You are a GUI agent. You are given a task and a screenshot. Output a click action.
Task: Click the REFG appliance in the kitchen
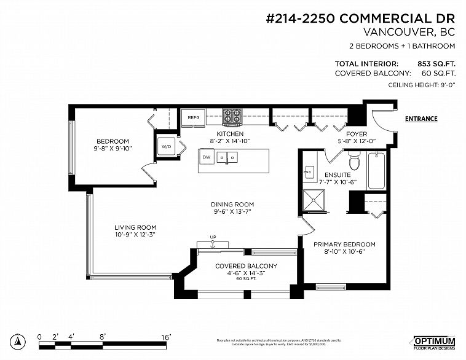pyautogui.click(x=193, y=117)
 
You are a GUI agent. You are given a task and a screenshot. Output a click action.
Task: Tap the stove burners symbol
pyautogui.click(x=232, y=115)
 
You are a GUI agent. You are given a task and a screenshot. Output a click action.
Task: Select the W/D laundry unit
pyautogui.click(x=166, y=147)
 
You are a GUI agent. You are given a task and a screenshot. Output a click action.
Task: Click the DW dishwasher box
pyautogui.click(x=207, y=157)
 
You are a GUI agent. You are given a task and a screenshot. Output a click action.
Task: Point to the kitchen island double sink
pyautogui.click(x=229, y=158)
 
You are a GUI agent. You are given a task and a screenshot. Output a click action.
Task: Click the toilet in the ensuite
pyautogui.click(x=353, y=162)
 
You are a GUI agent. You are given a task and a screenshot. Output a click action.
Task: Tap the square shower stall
pyautogui.click(x=315, y=201)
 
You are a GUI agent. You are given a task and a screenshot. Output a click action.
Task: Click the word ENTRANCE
pyautogui.click(x=421, y=119)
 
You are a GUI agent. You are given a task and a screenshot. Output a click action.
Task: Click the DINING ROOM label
pyautogui.click(x=232, y=205)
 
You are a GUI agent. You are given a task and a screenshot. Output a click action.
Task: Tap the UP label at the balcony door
pyautogui.click(x=213, y=237)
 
